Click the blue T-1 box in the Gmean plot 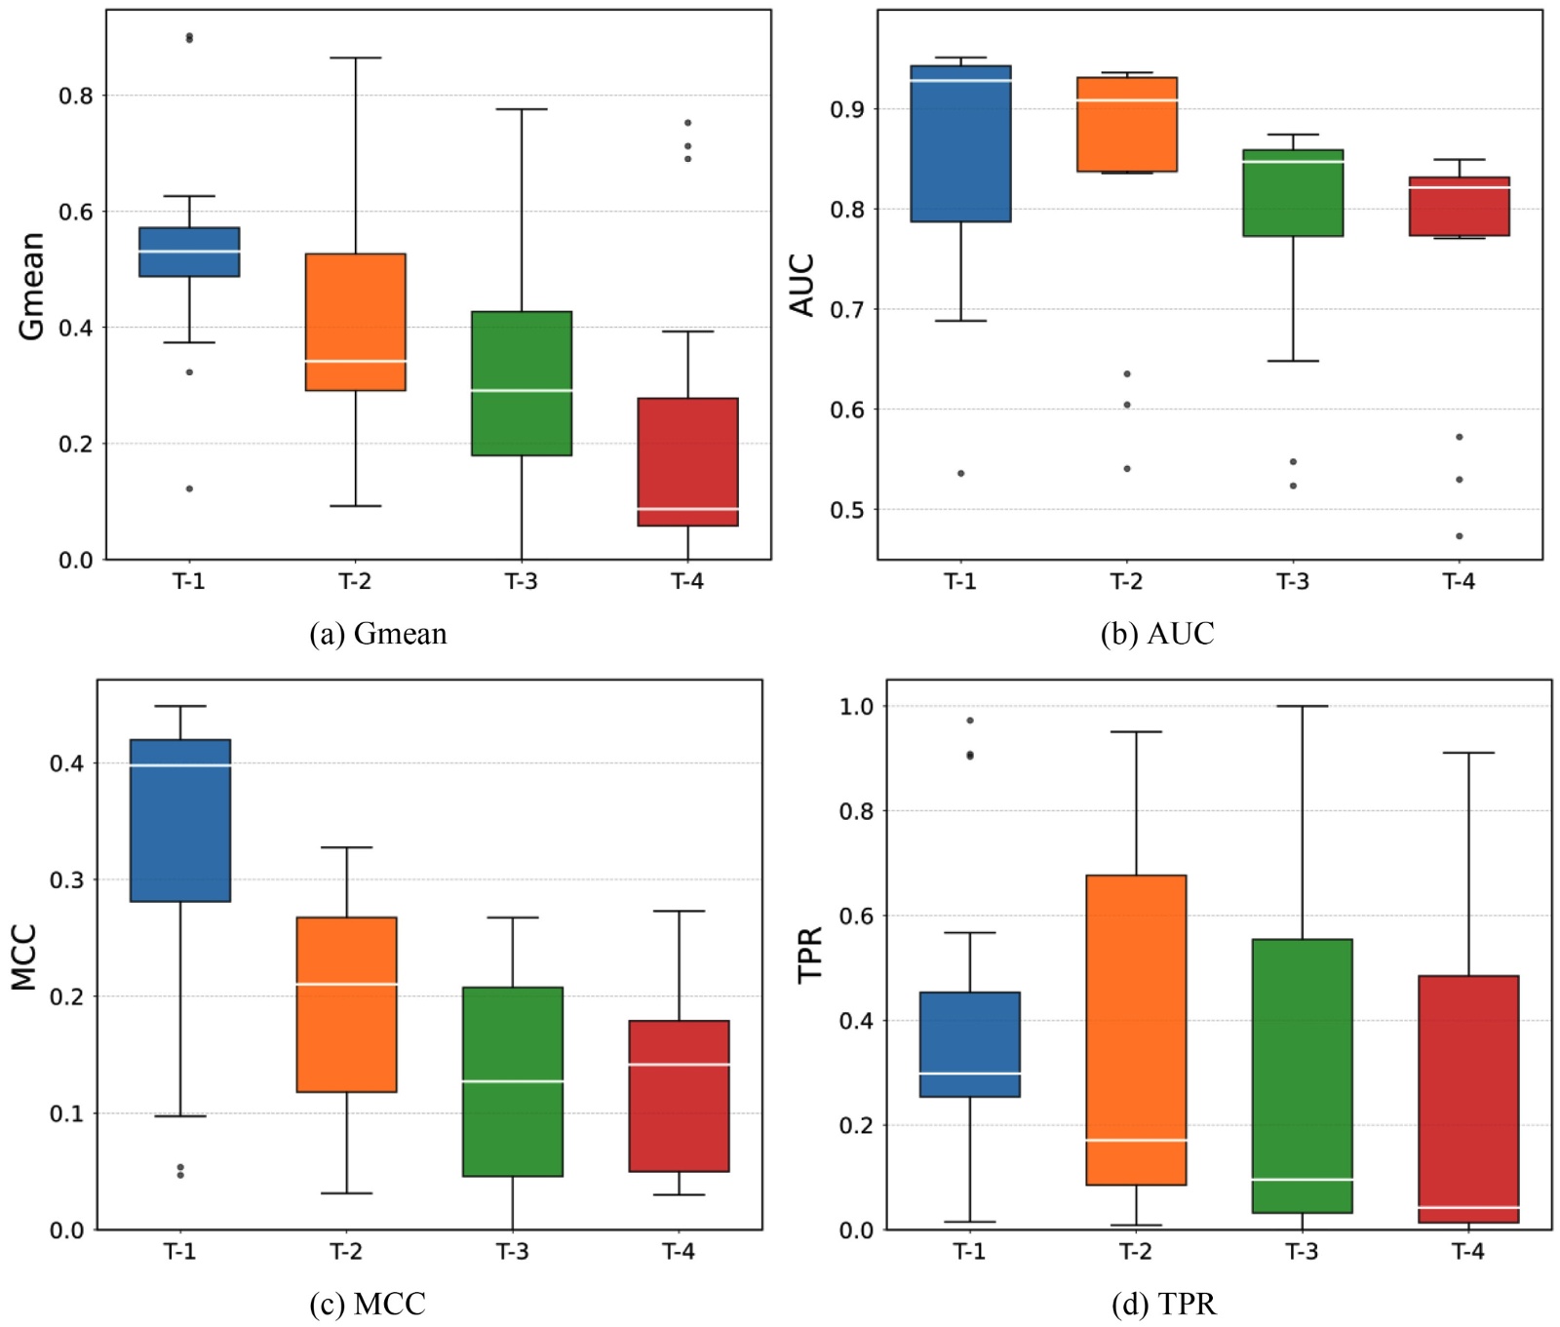click(189, 252)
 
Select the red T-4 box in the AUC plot click(1459, 207)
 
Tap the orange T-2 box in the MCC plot click(346, 1004)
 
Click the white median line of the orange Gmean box click(355, 361)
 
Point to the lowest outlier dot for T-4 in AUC click(1460, 536)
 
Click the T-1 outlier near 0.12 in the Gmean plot click(189, 488)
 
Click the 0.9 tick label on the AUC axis click(847, 109)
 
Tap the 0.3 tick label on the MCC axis click(66, 879)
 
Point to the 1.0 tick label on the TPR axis click(857, 706)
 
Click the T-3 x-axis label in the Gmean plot click(521, 582)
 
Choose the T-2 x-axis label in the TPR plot click(1136, 1252)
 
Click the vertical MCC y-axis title click(23, 957)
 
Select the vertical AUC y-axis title click(801, 285)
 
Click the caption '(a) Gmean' click(378, 634)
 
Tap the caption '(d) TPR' click(1163, 1304)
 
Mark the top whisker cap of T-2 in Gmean click(355, 59)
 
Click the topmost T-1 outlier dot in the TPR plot click(970, 721)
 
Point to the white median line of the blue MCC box click(180, 765)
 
